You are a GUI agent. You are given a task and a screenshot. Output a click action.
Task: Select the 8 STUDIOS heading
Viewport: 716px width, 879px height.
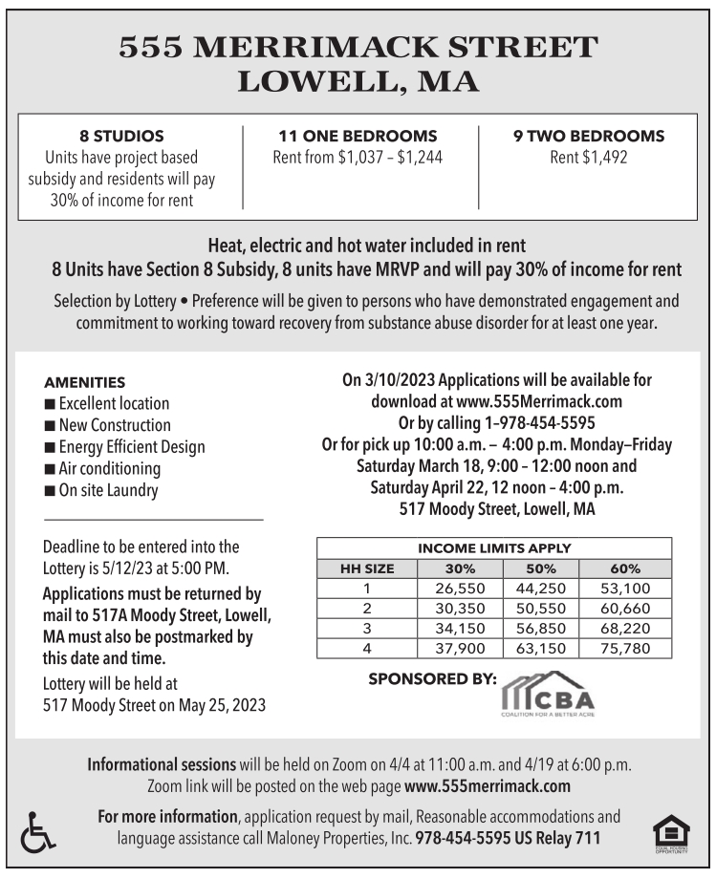tap(120, 136)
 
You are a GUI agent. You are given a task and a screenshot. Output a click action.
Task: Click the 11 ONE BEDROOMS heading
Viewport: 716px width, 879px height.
tap(358, 136)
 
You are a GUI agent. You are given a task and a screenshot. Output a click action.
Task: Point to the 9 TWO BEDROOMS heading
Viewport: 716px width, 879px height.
tap(588, 136)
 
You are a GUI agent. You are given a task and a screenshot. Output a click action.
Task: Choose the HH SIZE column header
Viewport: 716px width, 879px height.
tap(367, 568)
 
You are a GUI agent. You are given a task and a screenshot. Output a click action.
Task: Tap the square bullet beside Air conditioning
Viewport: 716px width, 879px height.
tap(50, 469)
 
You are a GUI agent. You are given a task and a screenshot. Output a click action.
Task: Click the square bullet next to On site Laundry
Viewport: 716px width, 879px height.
tap(50, 491)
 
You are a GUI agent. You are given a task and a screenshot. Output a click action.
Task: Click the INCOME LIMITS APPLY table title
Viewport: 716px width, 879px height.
tap(494, 548)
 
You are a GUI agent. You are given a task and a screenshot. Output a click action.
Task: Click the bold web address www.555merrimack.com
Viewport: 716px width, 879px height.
tap(488, 787)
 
